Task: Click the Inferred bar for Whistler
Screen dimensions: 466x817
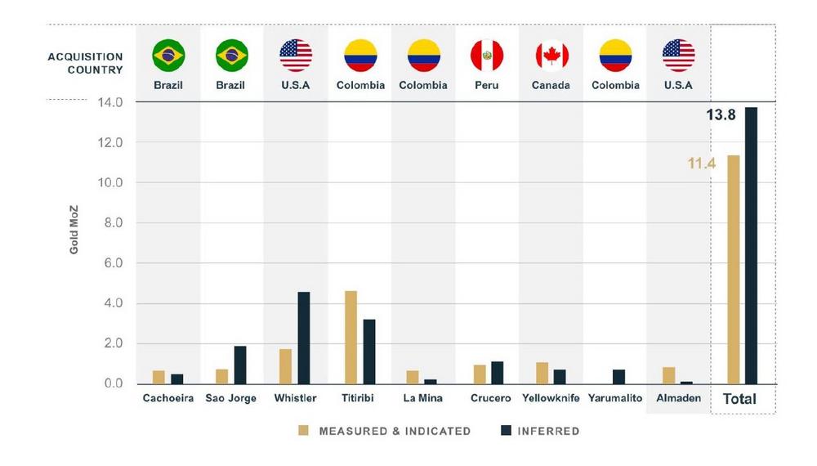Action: [304, 338]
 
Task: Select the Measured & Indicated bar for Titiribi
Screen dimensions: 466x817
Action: [350, 337]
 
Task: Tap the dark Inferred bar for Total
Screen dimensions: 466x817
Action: [751, 245]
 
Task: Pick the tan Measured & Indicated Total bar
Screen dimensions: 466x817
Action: [734, 269]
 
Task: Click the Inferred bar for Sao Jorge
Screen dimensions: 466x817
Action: [240, 365]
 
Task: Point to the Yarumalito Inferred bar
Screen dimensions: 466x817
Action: [619, 376]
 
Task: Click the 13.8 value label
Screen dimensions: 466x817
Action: [721, 115]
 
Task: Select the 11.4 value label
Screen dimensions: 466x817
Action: [701, 164]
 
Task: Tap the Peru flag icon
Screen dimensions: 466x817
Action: [487, 56]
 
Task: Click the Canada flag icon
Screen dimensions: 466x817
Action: [551, 56]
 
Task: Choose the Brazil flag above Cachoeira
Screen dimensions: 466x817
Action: [168, 56]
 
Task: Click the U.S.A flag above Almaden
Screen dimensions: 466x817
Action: [678, 56]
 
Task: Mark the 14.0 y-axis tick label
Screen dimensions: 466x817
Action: [109, 103]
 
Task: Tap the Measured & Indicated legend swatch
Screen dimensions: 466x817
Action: [304, 431]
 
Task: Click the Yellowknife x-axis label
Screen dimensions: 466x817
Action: [551, 399]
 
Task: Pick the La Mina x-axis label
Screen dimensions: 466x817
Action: [423, 399]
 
